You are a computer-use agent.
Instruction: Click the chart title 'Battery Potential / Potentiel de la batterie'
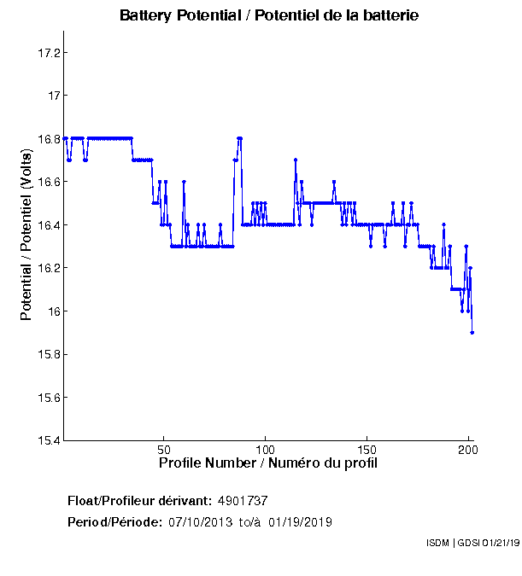click(x=269, y=15)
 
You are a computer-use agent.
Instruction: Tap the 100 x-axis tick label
click(x=265, y=450)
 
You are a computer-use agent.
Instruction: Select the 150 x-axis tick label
click(x=367, y=450)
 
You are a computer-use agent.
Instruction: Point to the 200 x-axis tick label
click(x=467, y=450)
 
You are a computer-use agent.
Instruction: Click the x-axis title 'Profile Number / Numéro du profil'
click(x=268, y=463)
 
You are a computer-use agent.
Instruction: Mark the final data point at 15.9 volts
click(x=472, y=333)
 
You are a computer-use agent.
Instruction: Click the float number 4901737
click(x=243, y=501)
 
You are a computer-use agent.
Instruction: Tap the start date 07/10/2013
click(x=200, y=522)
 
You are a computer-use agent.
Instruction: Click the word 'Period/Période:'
click(x=114, y=522)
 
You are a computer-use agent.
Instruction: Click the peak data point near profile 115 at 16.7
click(x=296, y=160)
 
